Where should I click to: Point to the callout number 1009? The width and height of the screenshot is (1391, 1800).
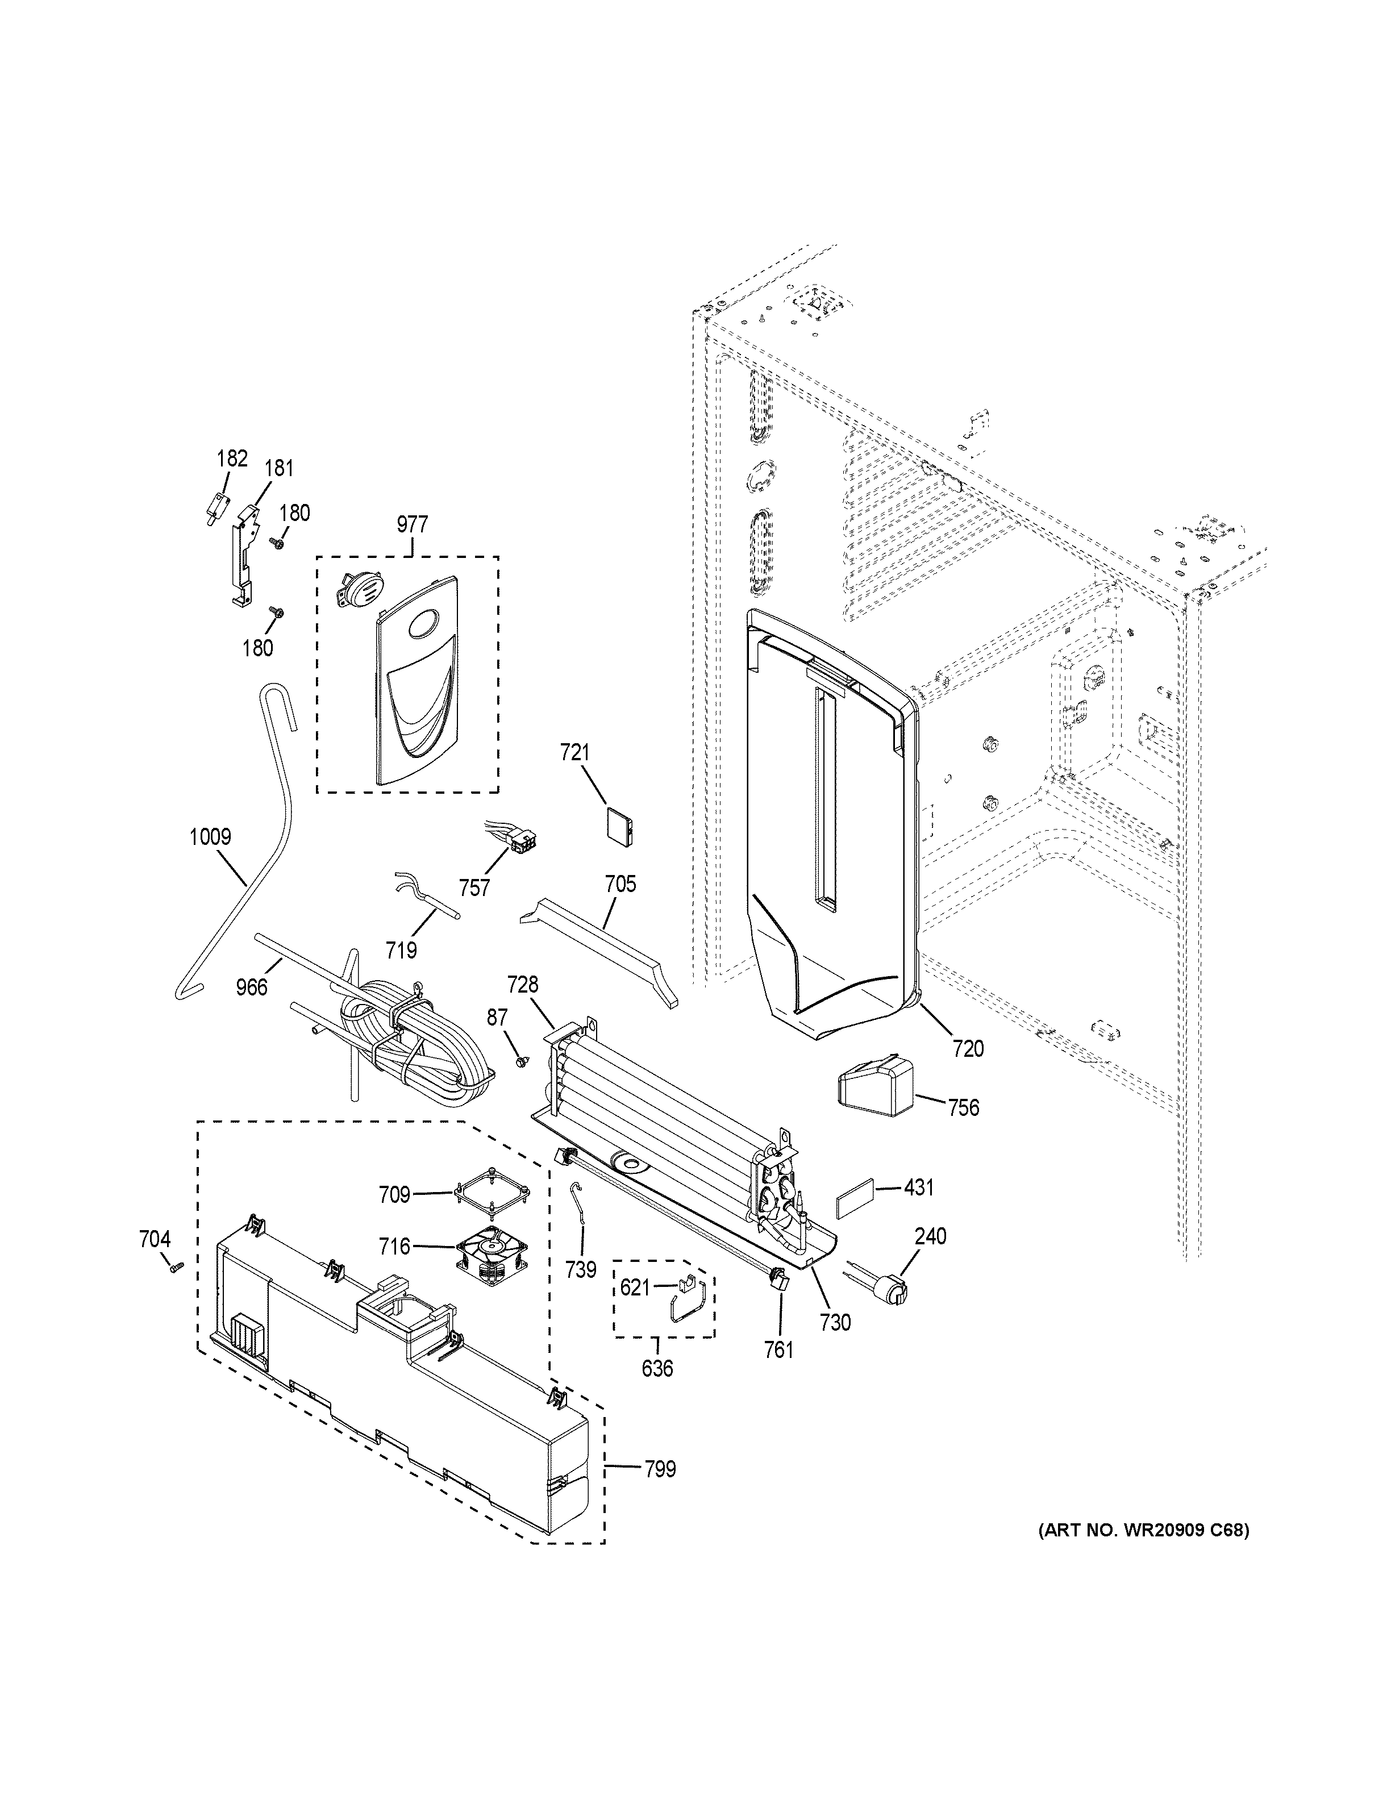click(x=210, y=838)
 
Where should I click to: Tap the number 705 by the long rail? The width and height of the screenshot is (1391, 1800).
click(x=620, y=884)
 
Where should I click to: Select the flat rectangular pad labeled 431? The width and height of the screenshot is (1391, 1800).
click(x=853, y=1202)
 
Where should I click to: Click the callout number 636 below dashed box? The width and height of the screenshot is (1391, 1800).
click(x=657, y=1369)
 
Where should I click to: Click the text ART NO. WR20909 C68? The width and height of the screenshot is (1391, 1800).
click(x=1143, y=1531)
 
